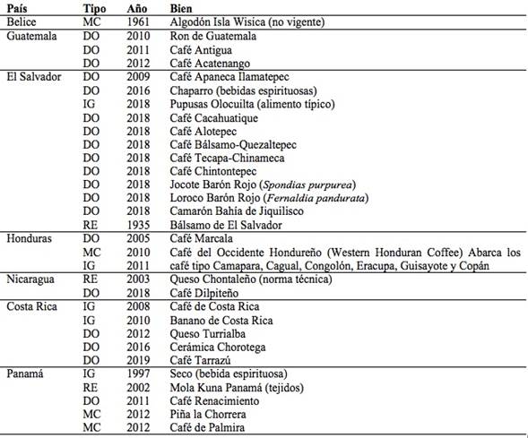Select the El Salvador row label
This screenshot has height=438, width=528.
pos(34,77)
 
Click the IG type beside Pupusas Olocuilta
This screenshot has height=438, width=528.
pos(89,104)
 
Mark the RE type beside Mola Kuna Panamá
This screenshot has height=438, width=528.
pos(90,387)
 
